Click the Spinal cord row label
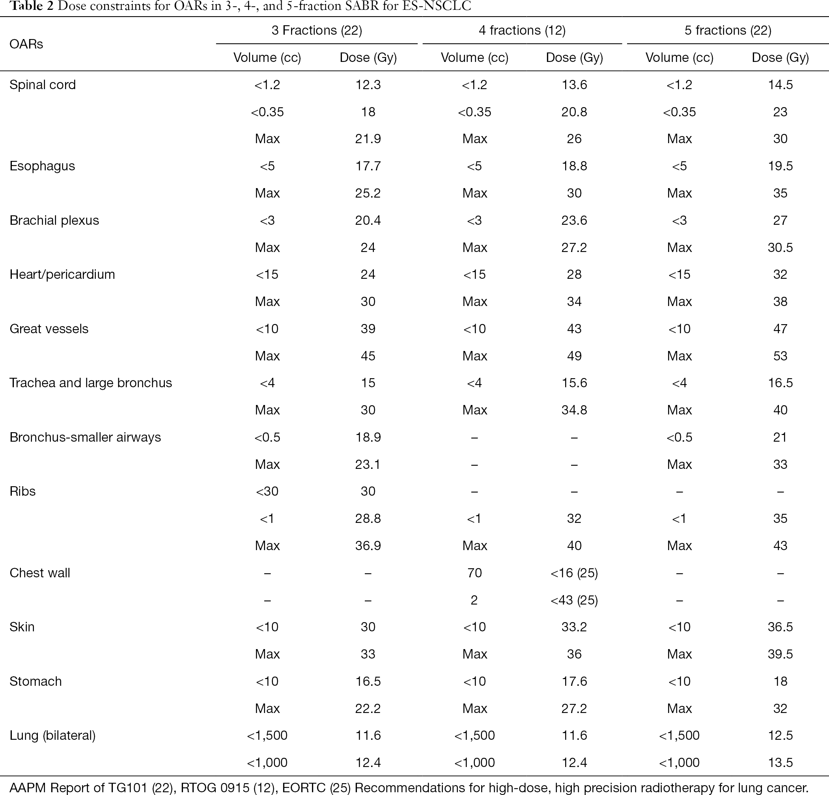(x=42, y=84)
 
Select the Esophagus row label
(x=42, y=166)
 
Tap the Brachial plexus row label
(x=54, y=220)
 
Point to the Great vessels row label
(x=49, y=328)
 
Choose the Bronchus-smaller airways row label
(x=85, y=437)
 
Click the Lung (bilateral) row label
(x=52, y=735)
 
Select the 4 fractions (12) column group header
(x=522, y=30)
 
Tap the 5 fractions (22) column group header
(x=728, y=30)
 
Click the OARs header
(x=26, y=44)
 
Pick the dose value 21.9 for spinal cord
(x=368, y=139)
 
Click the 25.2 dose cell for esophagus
(x=368, y=193)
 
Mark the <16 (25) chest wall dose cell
(x=574, y=573)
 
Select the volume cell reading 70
(x=474, y=573)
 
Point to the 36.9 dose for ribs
(x=368, y=545)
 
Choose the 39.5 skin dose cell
(x=780, y=654)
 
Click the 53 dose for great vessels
(x=780, y=356)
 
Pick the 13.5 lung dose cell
(x=780, y=762)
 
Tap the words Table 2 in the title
(x=32, y=6)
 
